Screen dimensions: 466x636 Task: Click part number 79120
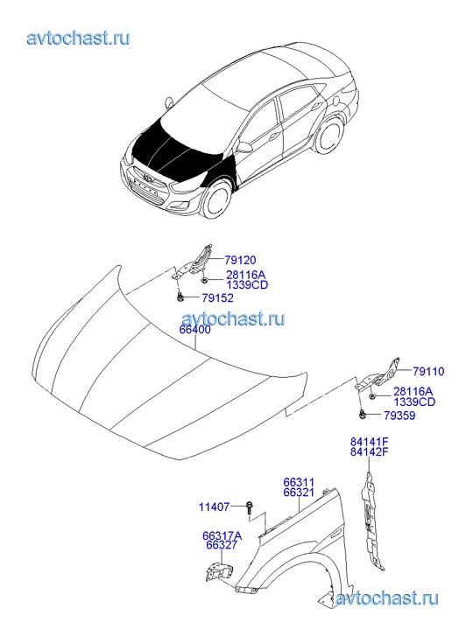tap(242, 260)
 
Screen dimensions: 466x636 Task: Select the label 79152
tap(218, 298)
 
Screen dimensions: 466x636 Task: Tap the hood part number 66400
tap(195, 330)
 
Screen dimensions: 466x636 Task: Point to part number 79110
tap(428, 371)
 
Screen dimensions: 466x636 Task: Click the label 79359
tap(399, 416)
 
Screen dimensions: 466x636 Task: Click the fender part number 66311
tap(299, 482)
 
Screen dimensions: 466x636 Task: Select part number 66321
tap(299, 493)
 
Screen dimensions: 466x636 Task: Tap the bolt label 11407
tap(214, 507)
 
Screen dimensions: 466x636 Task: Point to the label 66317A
tap(222, 535)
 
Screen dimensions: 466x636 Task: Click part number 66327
tap(222, 546)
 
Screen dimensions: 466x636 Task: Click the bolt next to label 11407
tap(248, 507)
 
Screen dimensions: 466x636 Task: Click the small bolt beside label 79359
tap(362, 415)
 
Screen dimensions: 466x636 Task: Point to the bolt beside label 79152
tap(180, 298)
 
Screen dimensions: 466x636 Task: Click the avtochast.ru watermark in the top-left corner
tap(78, 38)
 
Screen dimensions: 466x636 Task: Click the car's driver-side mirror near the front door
tap(244, 147)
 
